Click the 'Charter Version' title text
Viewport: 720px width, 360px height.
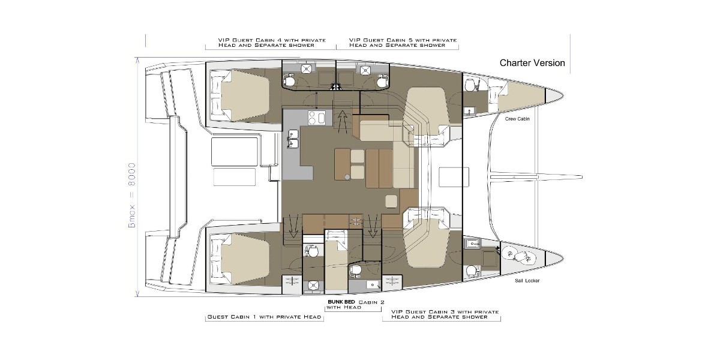click(532, 63)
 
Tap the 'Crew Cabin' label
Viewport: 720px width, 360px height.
click(517, 119)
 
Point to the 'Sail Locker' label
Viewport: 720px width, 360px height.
click(527, 281)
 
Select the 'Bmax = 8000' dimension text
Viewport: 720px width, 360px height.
click(132, 196)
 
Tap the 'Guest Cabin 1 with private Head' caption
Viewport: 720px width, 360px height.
click(264, 317)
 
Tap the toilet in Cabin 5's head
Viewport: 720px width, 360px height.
click(382, 80)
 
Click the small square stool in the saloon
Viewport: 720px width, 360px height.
click(391, 201)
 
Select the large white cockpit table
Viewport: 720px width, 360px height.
click(235, 152)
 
